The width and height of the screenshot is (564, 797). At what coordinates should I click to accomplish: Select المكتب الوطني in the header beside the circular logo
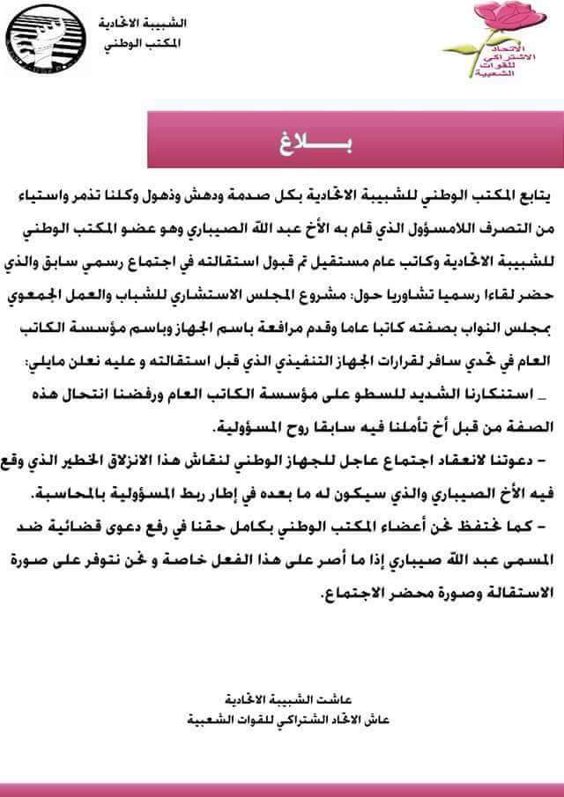133,41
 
